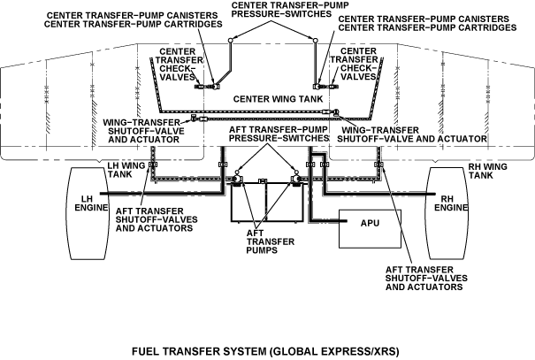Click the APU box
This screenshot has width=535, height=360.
point(370,223)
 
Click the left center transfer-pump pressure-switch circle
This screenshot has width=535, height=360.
point(227,40)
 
